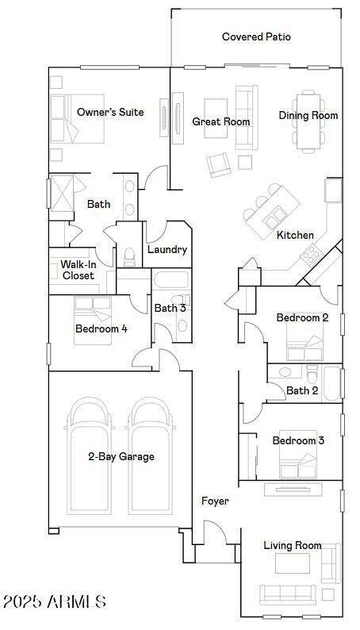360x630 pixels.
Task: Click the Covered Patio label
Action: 256,37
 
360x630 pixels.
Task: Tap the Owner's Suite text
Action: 110,113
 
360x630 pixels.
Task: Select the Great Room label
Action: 221,122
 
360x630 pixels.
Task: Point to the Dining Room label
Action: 308,116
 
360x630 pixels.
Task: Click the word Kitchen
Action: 295,236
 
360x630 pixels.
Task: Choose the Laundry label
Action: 167,250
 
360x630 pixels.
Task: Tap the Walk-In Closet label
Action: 79,270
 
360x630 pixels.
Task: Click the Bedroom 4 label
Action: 101,328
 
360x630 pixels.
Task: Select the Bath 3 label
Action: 170,309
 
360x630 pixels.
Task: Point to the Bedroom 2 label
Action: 302,318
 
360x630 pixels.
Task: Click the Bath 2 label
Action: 302,391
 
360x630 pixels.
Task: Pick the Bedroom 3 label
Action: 298,441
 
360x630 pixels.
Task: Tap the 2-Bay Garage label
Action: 121,457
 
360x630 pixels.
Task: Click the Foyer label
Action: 215,501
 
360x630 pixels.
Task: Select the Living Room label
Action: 293,546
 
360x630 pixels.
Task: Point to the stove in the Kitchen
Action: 310,254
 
